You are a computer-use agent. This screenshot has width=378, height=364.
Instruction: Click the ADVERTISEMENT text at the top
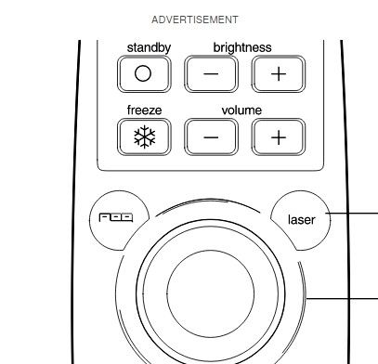tap(195, 19)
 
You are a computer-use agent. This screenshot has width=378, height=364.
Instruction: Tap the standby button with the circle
tap(144, 74)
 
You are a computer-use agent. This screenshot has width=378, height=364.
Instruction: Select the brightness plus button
tap(279, 74)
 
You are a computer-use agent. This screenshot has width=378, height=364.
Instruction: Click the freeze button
tap(144, 137)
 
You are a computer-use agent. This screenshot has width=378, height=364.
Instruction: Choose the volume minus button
tap(211, 137)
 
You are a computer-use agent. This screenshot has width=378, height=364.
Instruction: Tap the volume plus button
tap(279, 137)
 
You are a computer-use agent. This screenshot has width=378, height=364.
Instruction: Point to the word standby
tap(149, 48)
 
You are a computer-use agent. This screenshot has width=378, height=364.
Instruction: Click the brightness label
tap(242, 47)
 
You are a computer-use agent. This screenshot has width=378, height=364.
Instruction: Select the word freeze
tap(144, 110)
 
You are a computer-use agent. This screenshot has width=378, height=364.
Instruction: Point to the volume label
tap(241, 110)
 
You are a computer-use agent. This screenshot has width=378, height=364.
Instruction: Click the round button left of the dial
tap(118, 220)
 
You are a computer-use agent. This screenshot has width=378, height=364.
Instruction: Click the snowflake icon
tap(144, 137)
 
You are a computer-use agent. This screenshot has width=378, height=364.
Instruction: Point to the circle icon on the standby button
tap(143, 73)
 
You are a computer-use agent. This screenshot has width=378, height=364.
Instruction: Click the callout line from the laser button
tap(351, 214)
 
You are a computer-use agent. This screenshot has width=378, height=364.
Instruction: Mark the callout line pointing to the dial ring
tap(342, 299)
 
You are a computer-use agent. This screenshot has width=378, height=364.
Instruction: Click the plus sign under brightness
tap(279, 74)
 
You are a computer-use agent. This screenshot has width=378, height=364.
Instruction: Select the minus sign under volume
tap(211, 137)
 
